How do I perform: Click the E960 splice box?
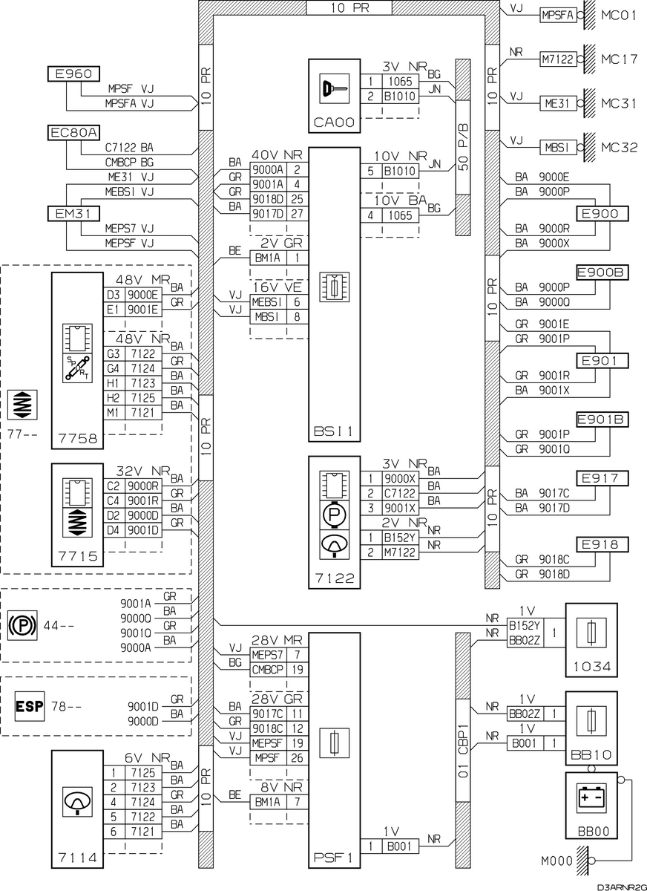click(73, 74)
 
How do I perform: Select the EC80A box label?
click(73, 132)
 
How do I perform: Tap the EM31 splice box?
click(73, 214)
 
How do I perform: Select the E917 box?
click(602, 478)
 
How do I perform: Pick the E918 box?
click(602, 544)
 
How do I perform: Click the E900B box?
click(602, 272)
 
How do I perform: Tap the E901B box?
click(602, 420)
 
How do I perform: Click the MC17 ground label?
click(620, 59)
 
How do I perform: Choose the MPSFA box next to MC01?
click(558, 15)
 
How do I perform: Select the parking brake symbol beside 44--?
click(23, 625)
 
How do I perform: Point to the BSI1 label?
click(333, 431)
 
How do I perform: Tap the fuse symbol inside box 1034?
click(591, 633)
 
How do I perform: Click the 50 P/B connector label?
click(463, 147)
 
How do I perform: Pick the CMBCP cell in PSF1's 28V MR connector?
click(267, 670)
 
